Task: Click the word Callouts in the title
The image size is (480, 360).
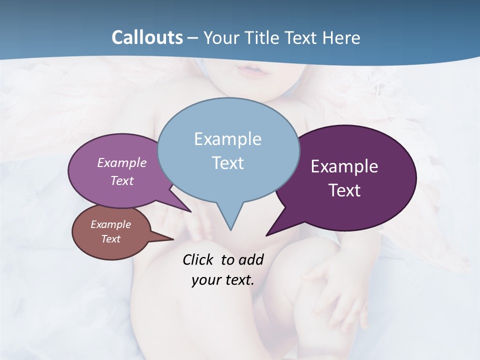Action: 147,37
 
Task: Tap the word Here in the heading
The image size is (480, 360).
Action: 342,37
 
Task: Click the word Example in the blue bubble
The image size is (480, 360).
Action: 227,138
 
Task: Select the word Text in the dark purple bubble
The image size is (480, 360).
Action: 344,190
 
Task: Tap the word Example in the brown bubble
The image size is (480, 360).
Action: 110,224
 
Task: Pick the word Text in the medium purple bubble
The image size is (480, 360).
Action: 122,180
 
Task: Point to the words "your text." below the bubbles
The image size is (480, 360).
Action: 223,279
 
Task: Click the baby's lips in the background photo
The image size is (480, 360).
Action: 255,71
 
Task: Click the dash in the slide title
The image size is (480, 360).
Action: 193,38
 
